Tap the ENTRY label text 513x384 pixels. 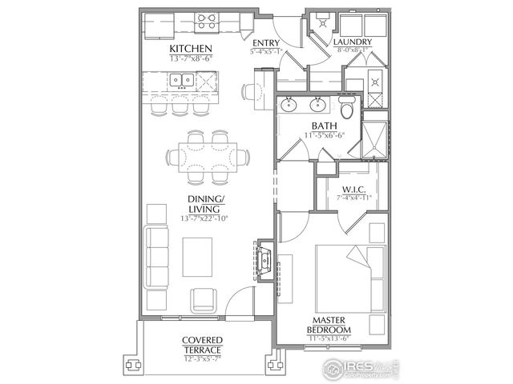pyautogui.click(x=266, y=44)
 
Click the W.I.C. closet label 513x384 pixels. pyautogui.click(x=353, y=190)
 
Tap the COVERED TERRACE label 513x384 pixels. pyautogui.click(x=201, y=345)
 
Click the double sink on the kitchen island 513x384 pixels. pyautogui.click(x=181, y=81)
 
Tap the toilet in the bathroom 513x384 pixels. pyautogui.click(x=346, y=108)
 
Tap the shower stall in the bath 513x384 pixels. pyautogui.click(x=374, y=140)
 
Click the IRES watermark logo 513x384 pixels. pyautogui.click(x=359, y=369)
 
